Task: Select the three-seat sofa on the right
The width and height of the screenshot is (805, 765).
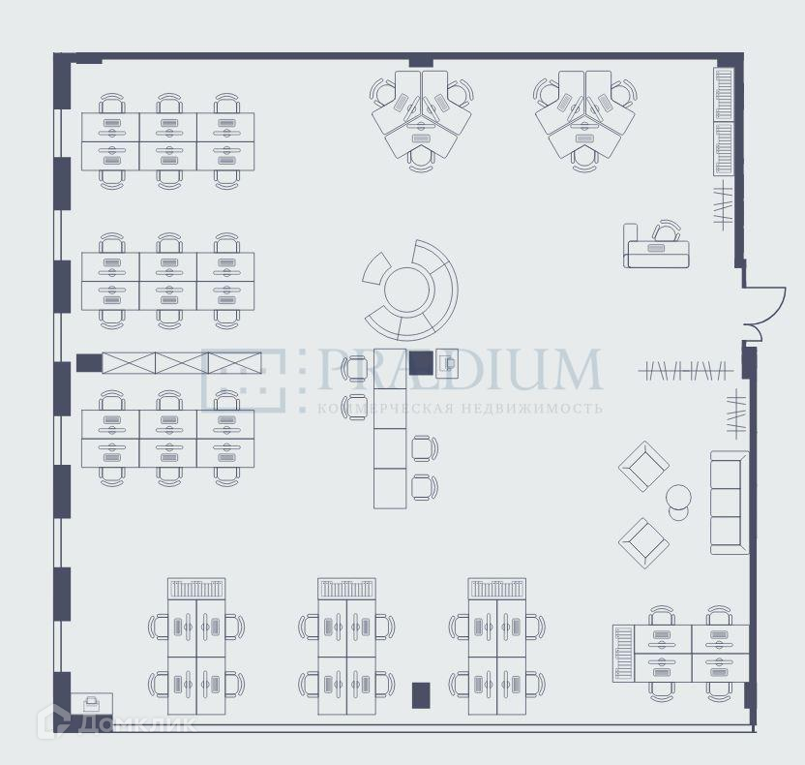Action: pos(730,503)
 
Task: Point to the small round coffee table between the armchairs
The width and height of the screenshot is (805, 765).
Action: pos(679,498)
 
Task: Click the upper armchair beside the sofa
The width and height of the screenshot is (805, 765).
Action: pos(643,467)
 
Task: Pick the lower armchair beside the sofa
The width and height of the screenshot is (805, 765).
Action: pos(643,542)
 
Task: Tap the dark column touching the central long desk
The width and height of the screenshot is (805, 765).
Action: pos(421,362)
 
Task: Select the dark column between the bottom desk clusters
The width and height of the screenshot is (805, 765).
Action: pos(421,694)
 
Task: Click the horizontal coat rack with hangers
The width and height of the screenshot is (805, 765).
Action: pos(685,369)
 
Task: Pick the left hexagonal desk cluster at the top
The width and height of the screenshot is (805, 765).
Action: pos(422,117)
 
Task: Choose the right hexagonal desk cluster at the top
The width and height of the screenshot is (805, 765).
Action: pos(584,117)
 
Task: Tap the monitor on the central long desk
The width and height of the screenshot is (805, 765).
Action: pos(447,363)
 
